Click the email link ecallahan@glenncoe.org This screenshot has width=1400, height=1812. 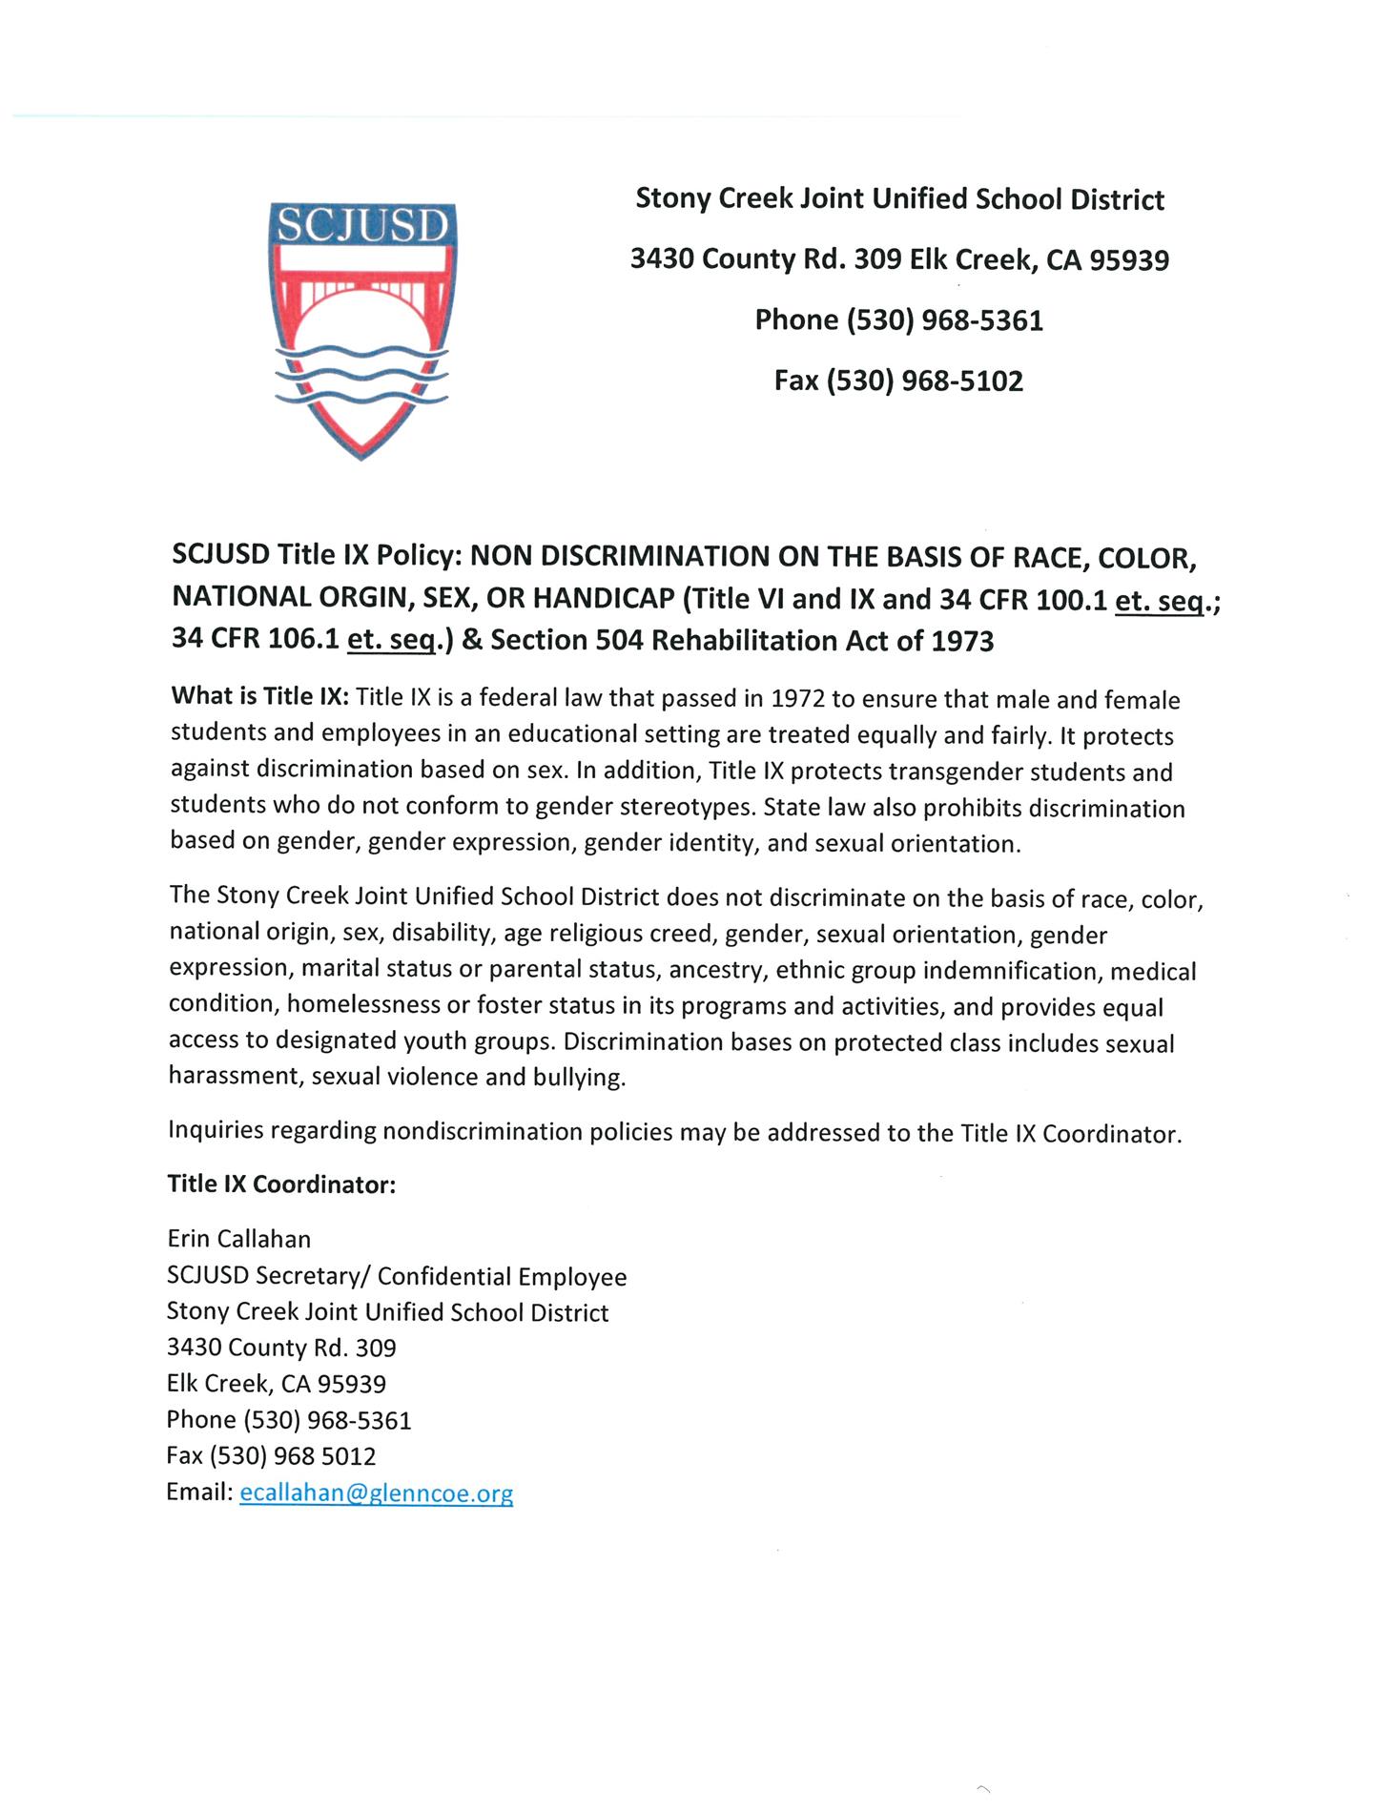[376, 1493]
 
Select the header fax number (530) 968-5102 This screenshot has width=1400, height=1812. [924, 381]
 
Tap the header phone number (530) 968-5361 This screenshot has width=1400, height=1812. [944, 320]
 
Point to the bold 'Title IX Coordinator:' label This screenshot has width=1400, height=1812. [281, 1184]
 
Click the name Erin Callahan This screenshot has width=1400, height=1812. [238, 1239]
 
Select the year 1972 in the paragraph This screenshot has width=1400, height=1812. [797, 699]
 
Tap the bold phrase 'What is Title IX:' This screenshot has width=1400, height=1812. [260, 696]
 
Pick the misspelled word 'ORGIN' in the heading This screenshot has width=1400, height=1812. [369, 598]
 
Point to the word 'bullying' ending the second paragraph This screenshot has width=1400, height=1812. [583, 1078]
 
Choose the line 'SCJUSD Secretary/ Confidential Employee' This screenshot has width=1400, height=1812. [397, 1276]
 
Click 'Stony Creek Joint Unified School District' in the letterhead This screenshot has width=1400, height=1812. [899, 199]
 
